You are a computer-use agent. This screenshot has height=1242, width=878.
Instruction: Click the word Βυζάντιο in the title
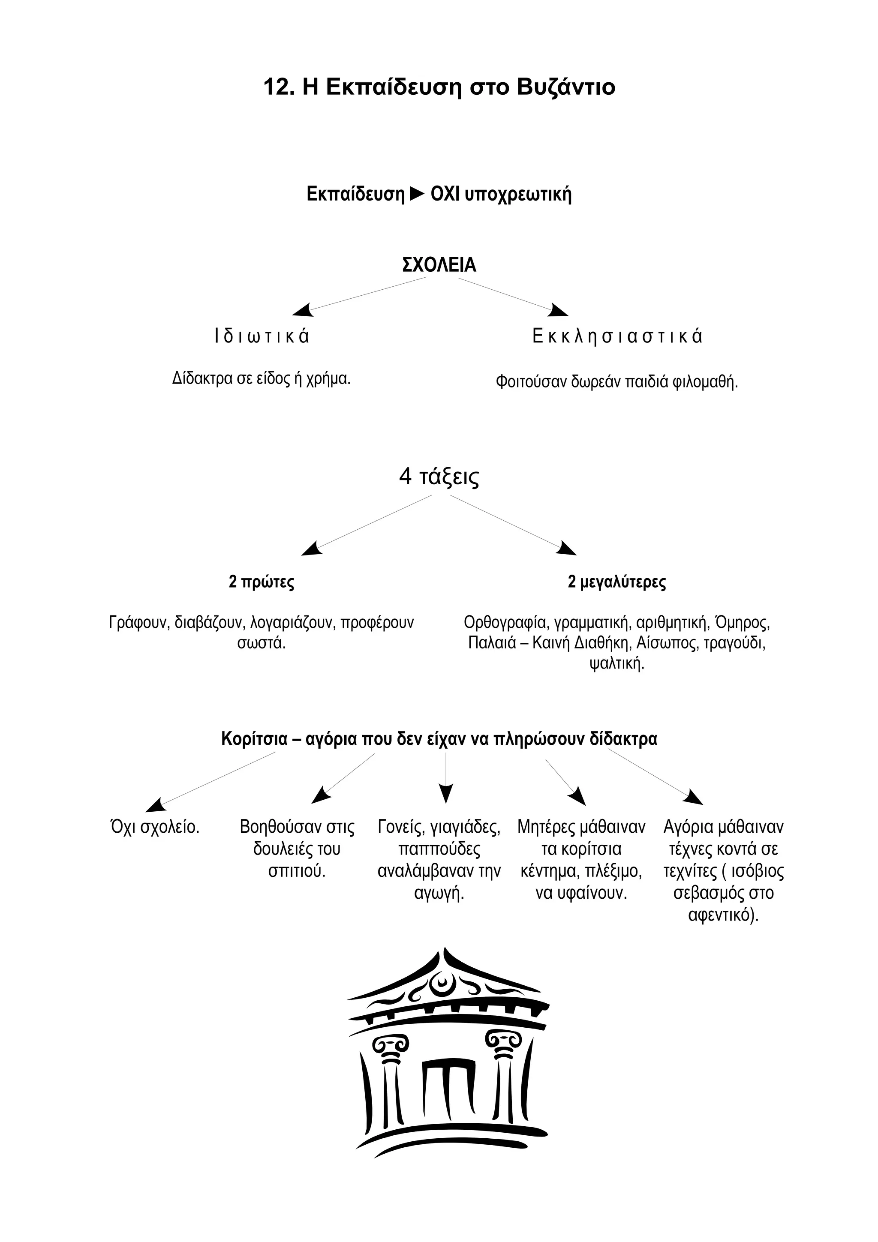point(566,87)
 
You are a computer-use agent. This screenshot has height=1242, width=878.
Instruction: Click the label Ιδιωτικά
point(262,336)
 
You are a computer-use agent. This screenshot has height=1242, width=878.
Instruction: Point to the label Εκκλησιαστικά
point(617,336)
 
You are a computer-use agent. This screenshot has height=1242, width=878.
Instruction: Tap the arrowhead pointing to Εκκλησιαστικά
point(558,310)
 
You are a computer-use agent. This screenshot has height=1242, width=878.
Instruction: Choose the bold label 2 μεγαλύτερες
point(617,582)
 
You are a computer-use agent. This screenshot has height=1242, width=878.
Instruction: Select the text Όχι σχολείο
point(155,827)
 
